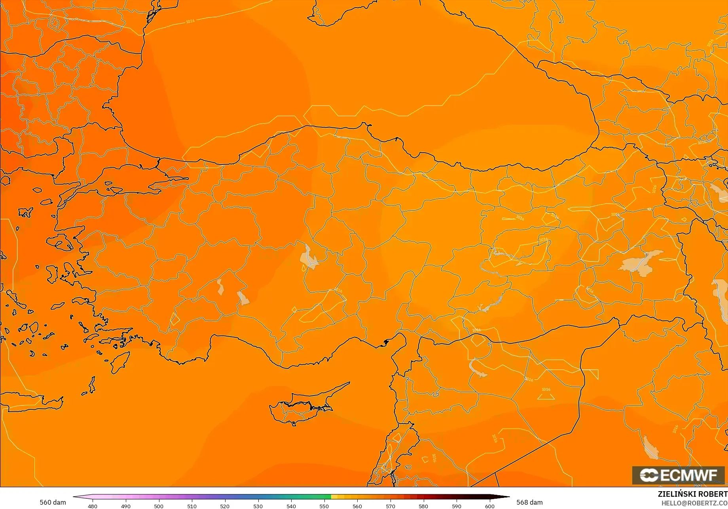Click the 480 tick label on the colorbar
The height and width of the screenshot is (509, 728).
92,506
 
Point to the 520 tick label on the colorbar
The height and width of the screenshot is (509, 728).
225,506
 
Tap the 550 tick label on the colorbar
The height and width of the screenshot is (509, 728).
324,506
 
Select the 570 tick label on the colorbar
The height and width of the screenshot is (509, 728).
390,506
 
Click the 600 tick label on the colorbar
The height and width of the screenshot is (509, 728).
489,506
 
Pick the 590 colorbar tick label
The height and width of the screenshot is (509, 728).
457,506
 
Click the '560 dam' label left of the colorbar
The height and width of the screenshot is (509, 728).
53,502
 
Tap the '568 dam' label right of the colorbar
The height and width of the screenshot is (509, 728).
529,502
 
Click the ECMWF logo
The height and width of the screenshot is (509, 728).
678,475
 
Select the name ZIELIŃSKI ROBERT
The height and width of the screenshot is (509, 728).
692,494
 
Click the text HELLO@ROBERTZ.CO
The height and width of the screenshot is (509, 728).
694,503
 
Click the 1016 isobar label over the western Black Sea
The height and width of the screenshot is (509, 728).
190,21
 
